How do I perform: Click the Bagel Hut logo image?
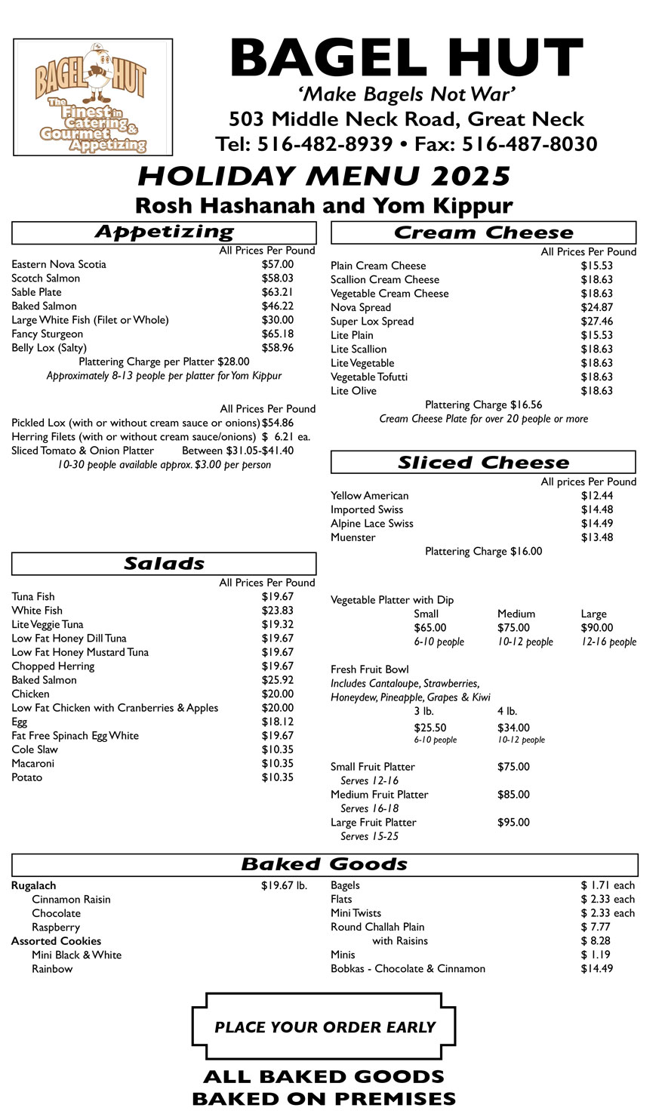click(x=93, y=97)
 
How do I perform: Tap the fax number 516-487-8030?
click(x=529, y=144)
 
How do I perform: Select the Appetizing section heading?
click(x=164, y=232)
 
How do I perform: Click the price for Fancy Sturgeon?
click(x=278, y=334)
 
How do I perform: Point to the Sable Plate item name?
click(x=36, y=292)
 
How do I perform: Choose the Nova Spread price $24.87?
click(x=596, y=307)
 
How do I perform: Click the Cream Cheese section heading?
click(x=483, y=233)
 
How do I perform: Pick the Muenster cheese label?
click(x=353, y=537)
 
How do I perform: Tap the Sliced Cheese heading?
click(x=483, y=463)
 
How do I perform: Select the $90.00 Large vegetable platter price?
click(x=596, y=628)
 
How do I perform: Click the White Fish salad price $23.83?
click(x=278, y=611)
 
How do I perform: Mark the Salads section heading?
click(x=164, y=564)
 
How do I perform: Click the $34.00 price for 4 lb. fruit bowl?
click(x=513, y=728)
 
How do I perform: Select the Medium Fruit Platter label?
click(x=379, y=795)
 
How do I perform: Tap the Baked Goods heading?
click(x=325, y=865)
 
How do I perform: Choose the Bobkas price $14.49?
click(x=596, y=968)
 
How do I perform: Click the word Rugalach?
click(x=33, y=885)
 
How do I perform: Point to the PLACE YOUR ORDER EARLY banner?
click(x=325, y=1027)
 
